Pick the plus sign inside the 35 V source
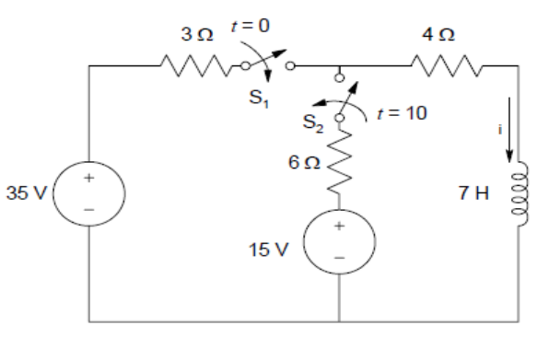[89, 179]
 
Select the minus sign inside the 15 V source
[339, 259]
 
